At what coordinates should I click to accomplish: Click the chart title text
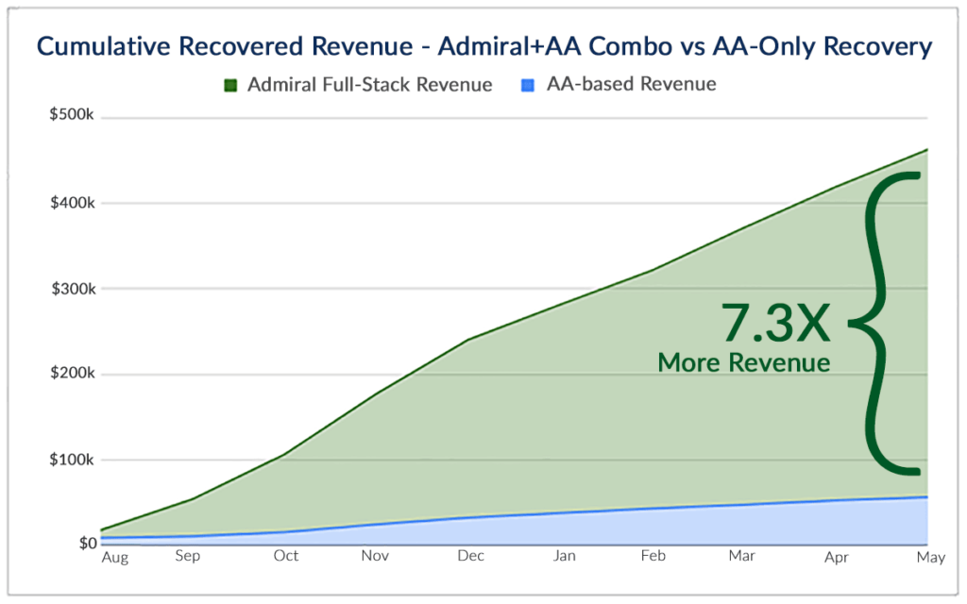coord(483,45)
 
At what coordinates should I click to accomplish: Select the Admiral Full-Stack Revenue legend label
coord(369,85)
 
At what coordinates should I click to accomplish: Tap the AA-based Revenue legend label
coord(631,85)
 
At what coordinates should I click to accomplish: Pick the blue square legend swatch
coord(528,86)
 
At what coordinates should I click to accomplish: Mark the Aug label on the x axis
coord(114,558)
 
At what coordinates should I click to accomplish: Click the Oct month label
coord(285,556)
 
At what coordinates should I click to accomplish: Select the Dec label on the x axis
coord(470,556)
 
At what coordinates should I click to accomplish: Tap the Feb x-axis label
coord(652,556)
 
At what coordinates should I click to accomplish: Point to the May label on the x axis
coord(931,558)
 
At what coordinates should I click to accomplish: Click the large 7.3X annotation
coord(776,323)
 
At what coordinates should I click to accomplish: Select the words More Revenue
coord(744,362)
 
